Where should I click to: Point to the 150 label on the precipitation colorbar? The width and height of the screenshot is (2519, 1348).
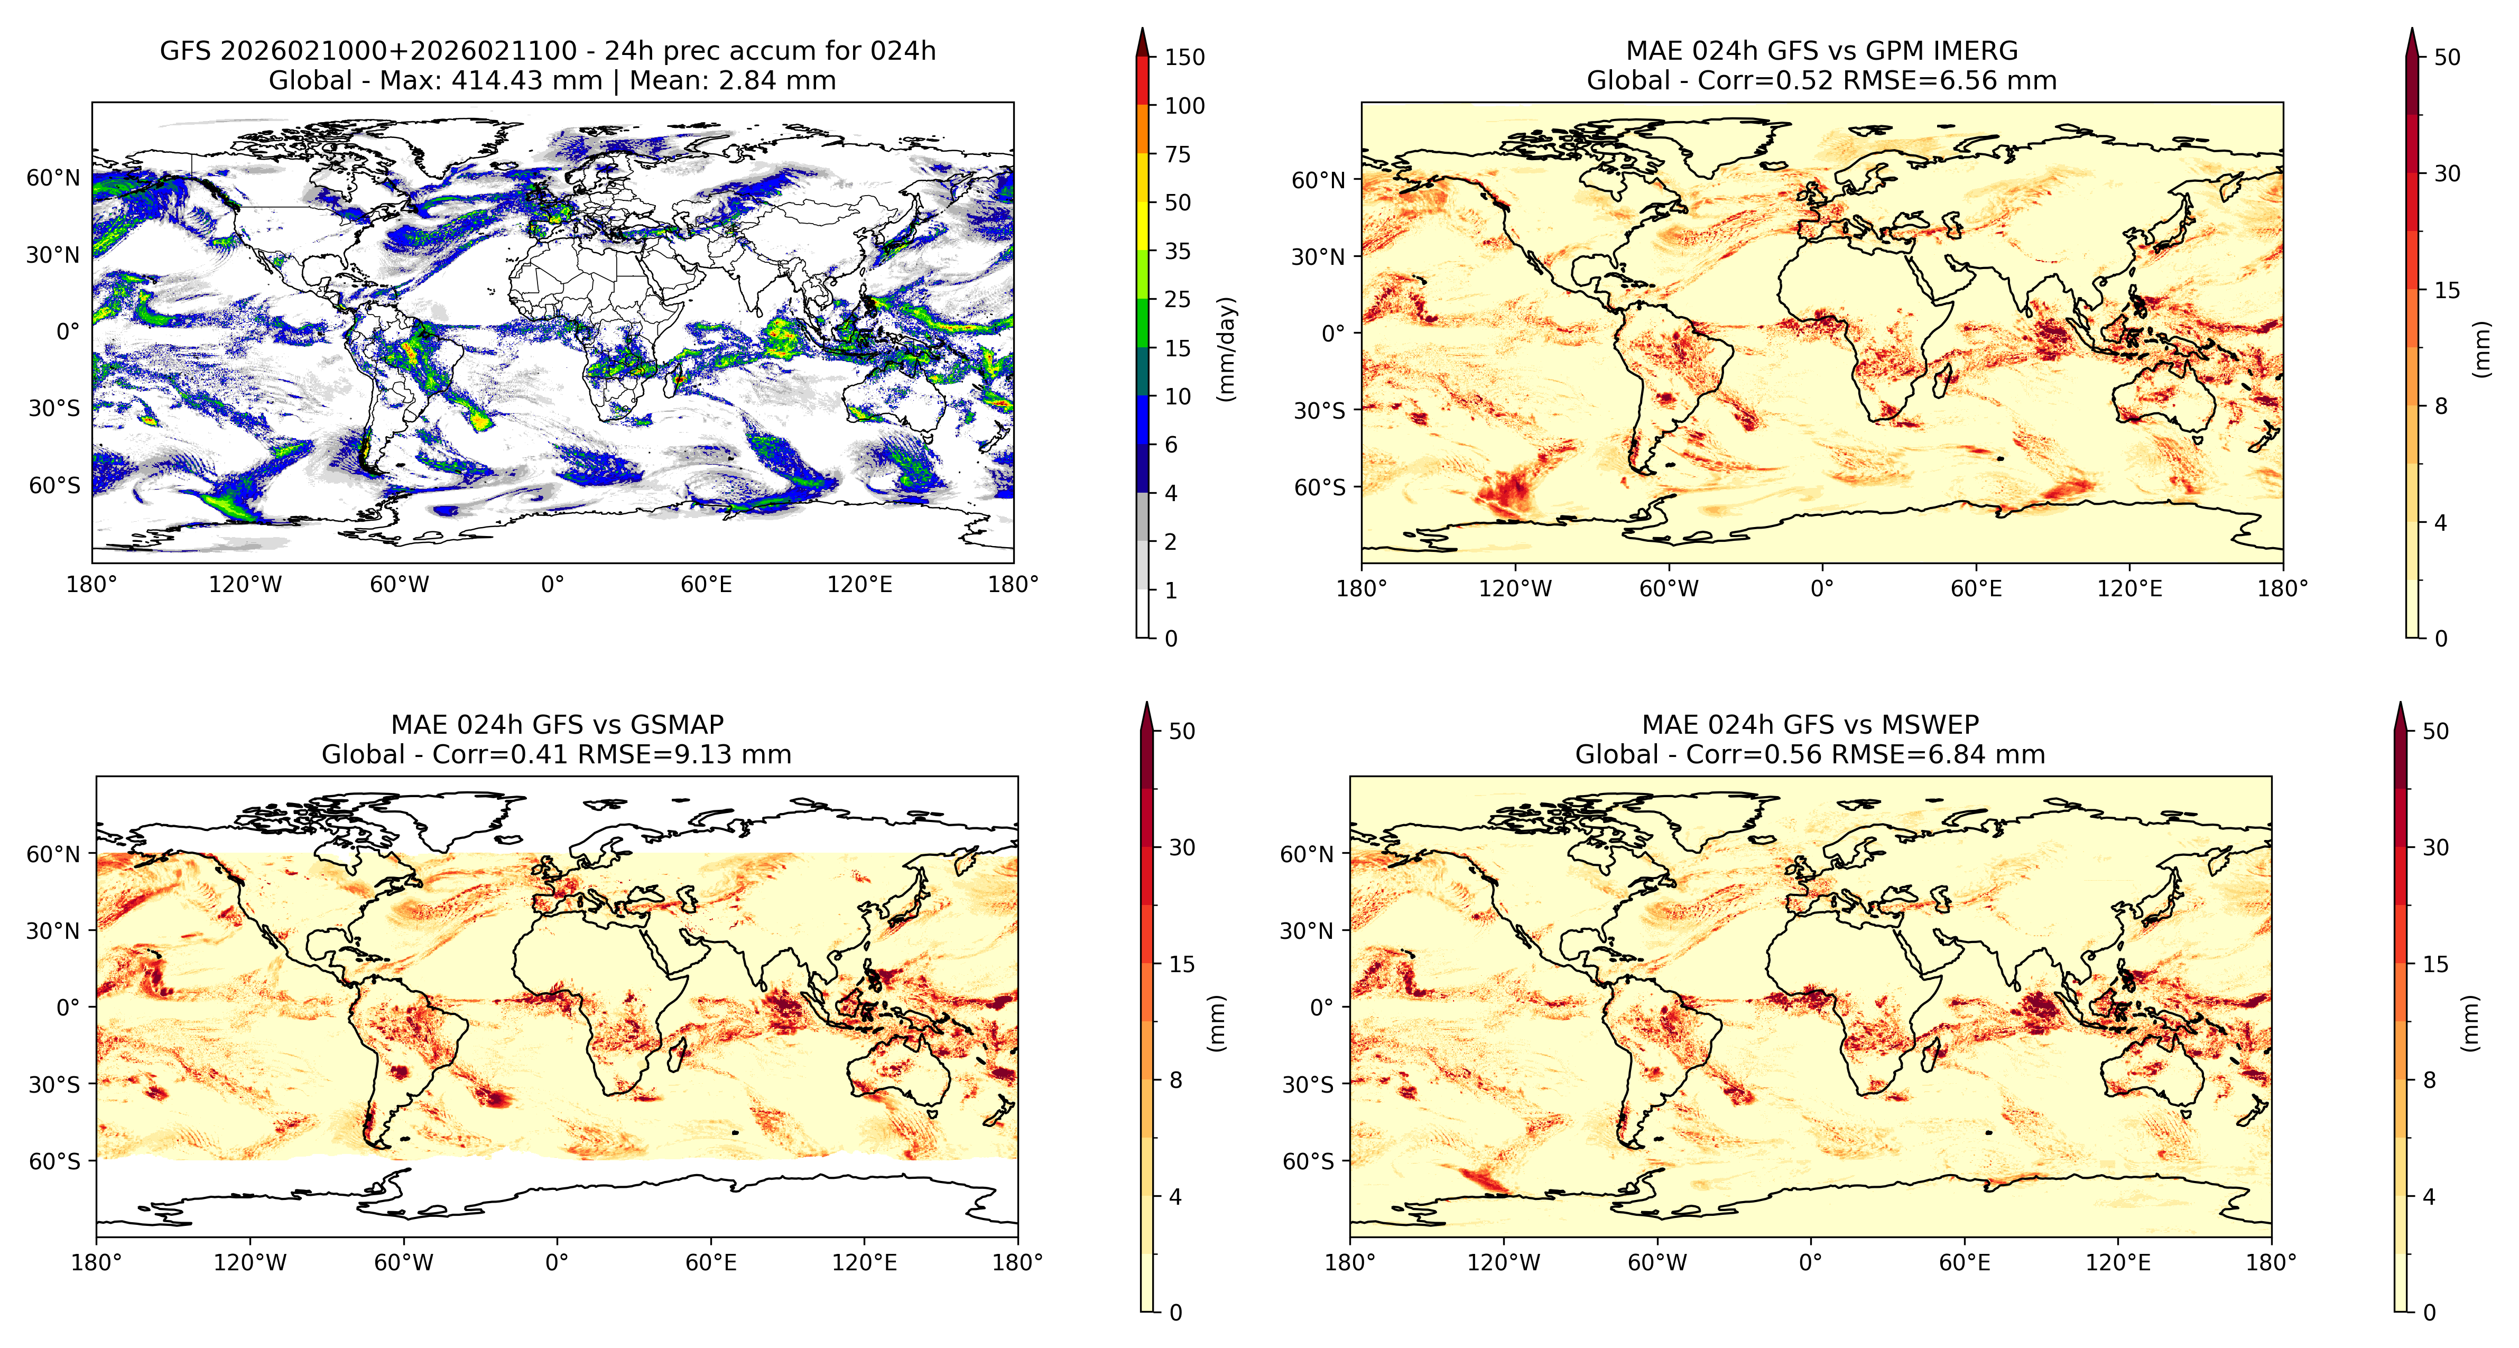[x=1184, y=57]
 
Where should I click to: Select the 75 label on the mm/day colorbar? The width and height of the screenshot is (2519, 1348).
[x=1178, y=154]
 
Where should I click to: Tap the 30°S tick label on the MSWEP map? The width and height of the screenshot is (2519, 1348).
[x=1308, y=1084]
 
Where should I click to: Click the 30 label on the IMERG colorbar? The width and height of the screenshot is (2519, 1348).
[x=2447, y=173]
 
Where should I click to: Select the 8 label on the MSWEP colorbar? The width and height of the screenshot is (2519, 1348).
[x=2429, y=1080]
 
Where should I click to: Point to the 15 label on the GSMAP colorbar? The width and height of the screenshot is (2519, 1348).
[x=1182, y=964]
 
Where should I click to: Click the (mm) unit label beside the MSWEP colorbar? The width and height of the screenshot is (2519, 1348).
[x=2469, y=1023]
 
